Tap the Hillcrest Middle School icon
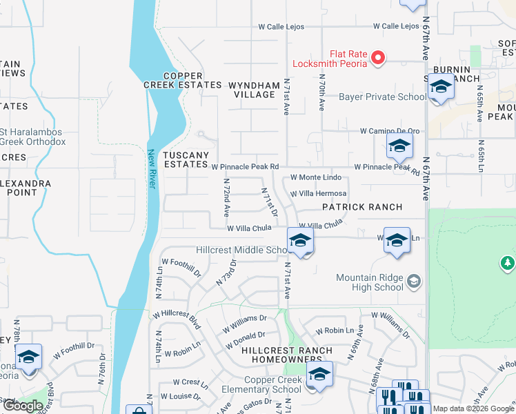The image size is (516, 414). pos(300,241)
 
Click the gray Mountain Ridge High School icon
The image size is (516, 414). pos(413,280)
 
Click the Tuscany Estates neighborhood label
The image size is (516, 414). pos(186,159)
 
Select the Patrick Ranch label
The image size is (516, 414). pos(363,207)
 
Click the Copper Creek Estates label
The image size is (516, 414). pos(172,80)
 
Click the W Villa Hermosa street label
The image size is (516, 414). pos(318,194)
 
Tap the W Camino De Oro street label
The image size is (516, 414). pos(390,131)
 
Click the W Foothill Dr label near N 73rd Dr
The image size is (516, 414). pos(181,267)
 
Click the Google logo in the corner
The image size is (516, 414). pos(23,406)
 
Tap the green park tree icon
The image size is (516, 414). pos(508,263)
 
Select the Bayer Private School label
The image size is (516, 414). pos(382,97)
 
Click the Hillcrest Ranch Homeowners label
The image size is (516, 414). pos(286,355)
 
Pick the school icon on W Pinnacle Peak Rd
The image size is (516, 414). pos(399,146)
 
